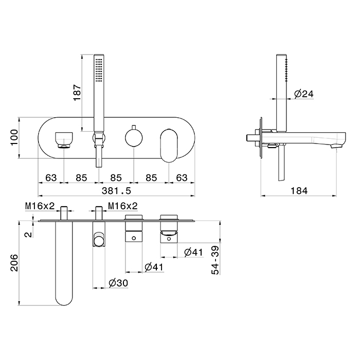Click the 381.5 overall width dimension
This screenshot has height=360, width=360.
(x=116, y=191)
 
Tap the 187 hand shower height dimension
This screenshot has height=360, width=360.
(x=77, y=93)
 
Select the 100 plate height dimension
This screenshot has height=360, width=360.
(x=14, y=137)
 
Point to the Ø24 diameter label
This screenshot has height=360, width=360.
(x=303, y=94)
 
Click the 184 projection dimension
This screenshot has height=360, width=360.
(x=299, y=191)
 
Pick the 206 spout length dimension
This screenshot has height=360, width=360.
(x=14, y=263)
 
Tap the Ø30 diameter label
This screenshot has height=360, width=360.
(x=118, y=283)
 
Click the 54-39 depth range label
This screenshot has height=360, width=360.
(x=215, y=260)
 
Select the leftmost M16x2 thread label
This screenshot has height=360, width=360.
(x=40, y=206)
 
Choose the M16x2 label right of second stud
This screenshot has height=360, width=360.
(x=123, y=206)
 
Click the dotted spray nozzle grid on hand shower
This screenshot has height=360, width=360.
(x=99, y=70)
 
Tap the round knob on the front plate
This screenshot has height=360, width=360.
(x=134, y=138)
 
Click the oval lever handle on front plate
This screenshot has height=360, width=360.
(x=169, y=146)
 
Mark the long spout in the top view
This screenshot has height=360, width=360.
(x=64, y=263)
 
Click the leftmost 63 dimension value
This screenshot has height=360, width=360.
(x=51, y=178)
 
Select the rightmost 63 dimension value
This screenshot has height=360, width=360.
(x=182, y=178)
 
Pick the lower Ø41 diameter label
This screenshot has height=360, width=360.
(x=154, y=267)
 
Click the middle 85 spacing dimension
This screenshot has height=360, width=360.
(x=116, y=178)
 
